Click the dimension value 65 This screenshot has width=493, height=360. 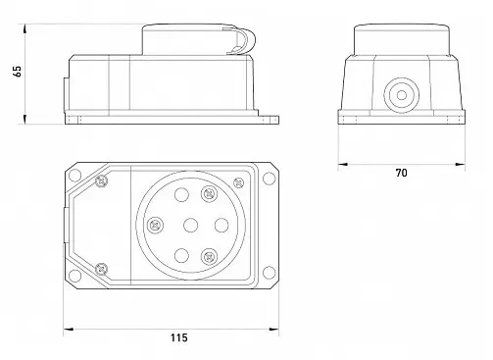pos(18,72)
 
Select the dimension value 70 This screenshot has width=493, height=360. pos(401,173)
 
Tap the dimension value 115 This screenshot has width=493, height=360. pos(179,337)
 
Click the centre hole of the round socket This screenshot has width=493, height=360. pos(190,226)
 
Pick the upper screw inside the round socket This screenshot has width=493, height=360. pos(209,194)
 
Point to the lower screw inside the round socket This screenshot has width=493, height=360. pos(209,257)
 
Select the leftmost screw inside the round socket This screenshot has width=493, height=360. pos(156,226)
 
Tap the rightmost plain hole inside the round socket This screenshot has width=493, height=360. pos(222,225)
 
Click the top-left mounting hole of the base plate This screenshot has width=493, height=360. pos(74,176)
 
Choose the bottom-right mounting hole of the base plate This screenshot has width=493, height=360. pos(269,273)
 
